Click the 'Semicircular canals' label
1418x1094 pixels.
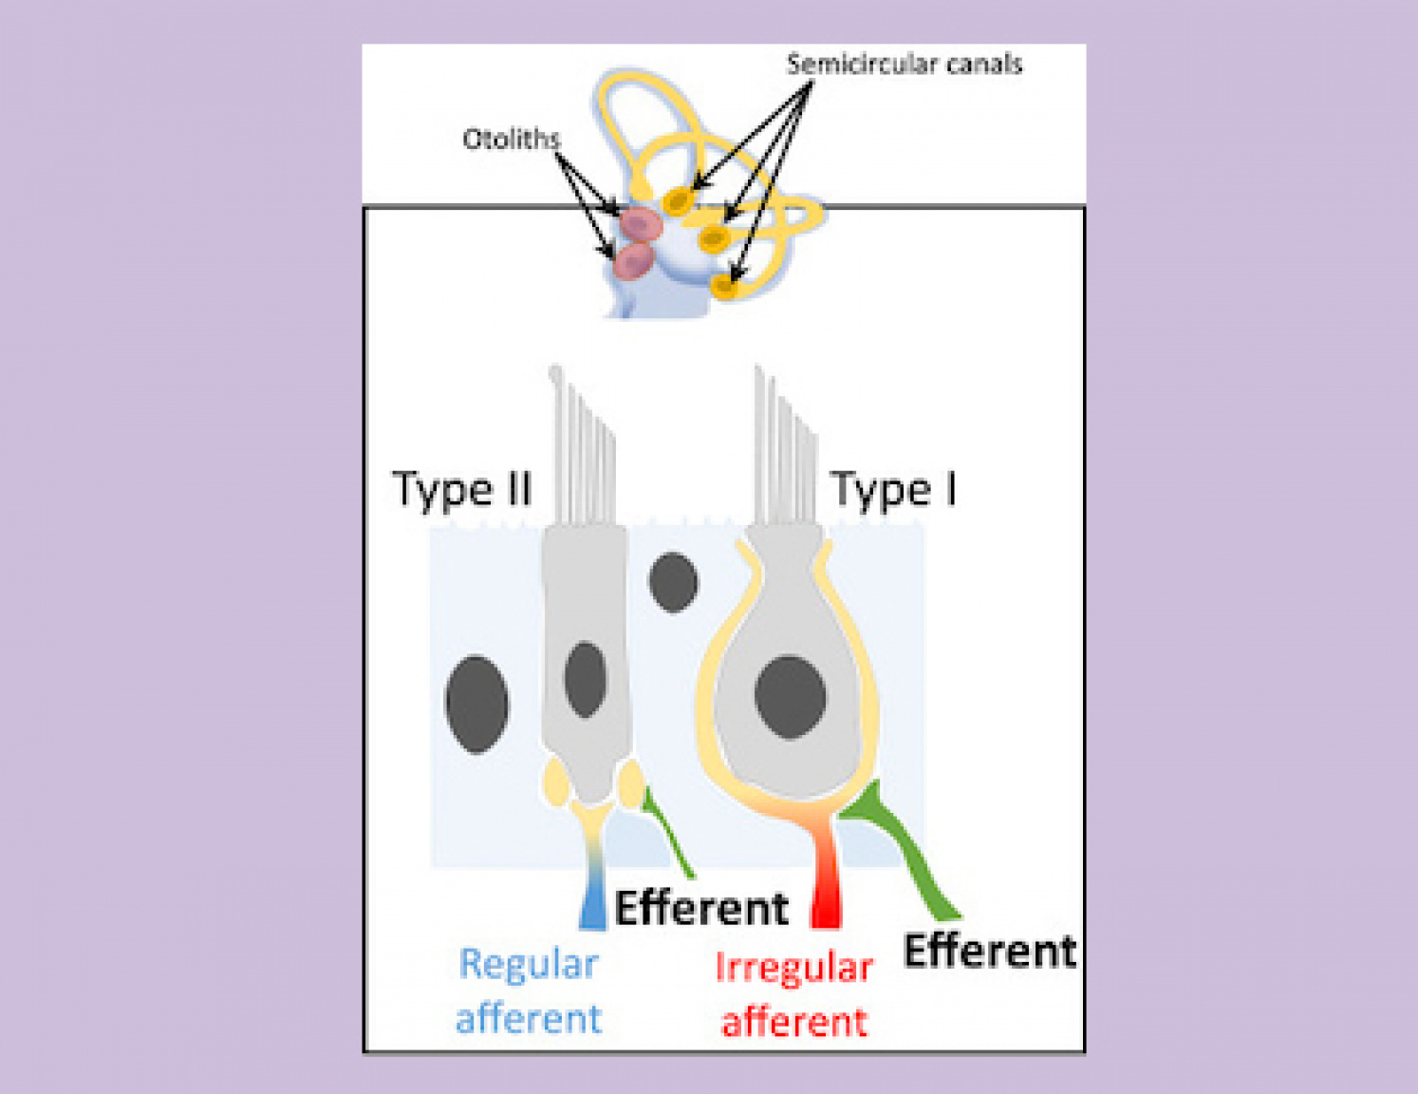904,65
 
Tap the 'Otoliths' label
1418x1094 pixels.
511,140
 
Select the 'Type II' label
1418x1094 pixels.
461,490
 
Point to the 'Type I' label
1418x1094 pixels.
893,490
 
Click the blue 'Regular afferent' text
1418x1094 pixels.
529,990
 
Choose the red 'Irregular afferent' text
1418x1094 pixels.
793,994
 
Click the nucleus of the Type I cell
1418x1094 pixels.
790,696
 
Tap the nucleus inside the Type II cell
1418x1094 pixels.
585,678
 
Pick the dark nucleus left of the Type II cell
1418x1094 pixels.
476,704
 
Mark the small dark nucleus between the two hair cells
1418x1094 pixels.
673,581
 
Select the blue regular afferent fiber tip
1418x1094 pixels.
592,907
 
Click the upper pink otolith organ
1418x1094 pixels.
641,225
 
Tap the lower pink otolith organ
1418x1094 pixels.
631,260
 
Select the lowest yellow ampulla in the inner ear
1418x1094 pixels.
726,284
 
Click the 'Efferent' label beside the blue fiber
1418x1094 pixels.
701,908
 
